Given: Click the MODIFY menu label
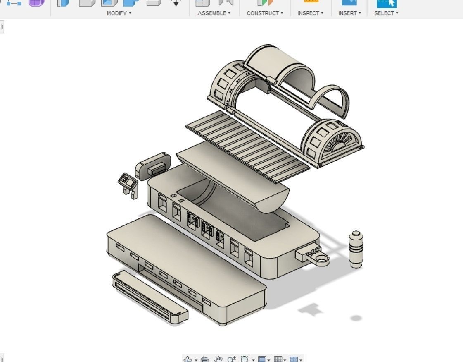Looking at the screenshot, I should pyautogui.click(x=119, y=13).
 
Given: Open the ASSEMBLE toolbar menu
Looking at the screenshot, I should pyautogui.click(x=214, y=13).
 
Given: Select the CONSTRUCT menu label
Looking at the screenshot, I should pyautogui.click(x=265, y=13).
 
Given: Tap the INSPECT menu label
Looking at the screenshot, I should pyautogui.click(x=310, y=13).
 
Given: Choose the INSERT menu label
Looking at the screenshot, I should pyautogui.click(x=349, y=13).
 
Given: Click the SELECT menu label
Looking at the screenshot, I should pyautogui.click(x=386, y=13).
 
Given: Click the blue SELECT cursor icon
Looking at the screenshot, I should pyautogui.click(x=387, y=3).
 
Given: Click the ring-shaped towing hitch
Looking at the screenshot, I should pyautogui.click(x=320, y=259).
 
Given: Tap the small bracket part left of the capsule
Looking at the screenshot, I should pyautogui.click(x=128, y=184).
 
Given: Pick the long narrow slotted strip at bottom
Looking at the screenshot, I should pyautogui.click(x=150, y=297).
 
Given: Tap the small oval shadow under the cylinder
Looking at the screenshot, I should pyautogui.click(x=356, y=318).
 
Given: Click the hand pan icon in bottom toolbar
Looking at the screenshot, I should pyautogui.click(x=218, y=359).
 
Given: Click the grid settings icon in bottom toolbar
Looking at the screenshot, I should pyautogui.click(x=278, y=359).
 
